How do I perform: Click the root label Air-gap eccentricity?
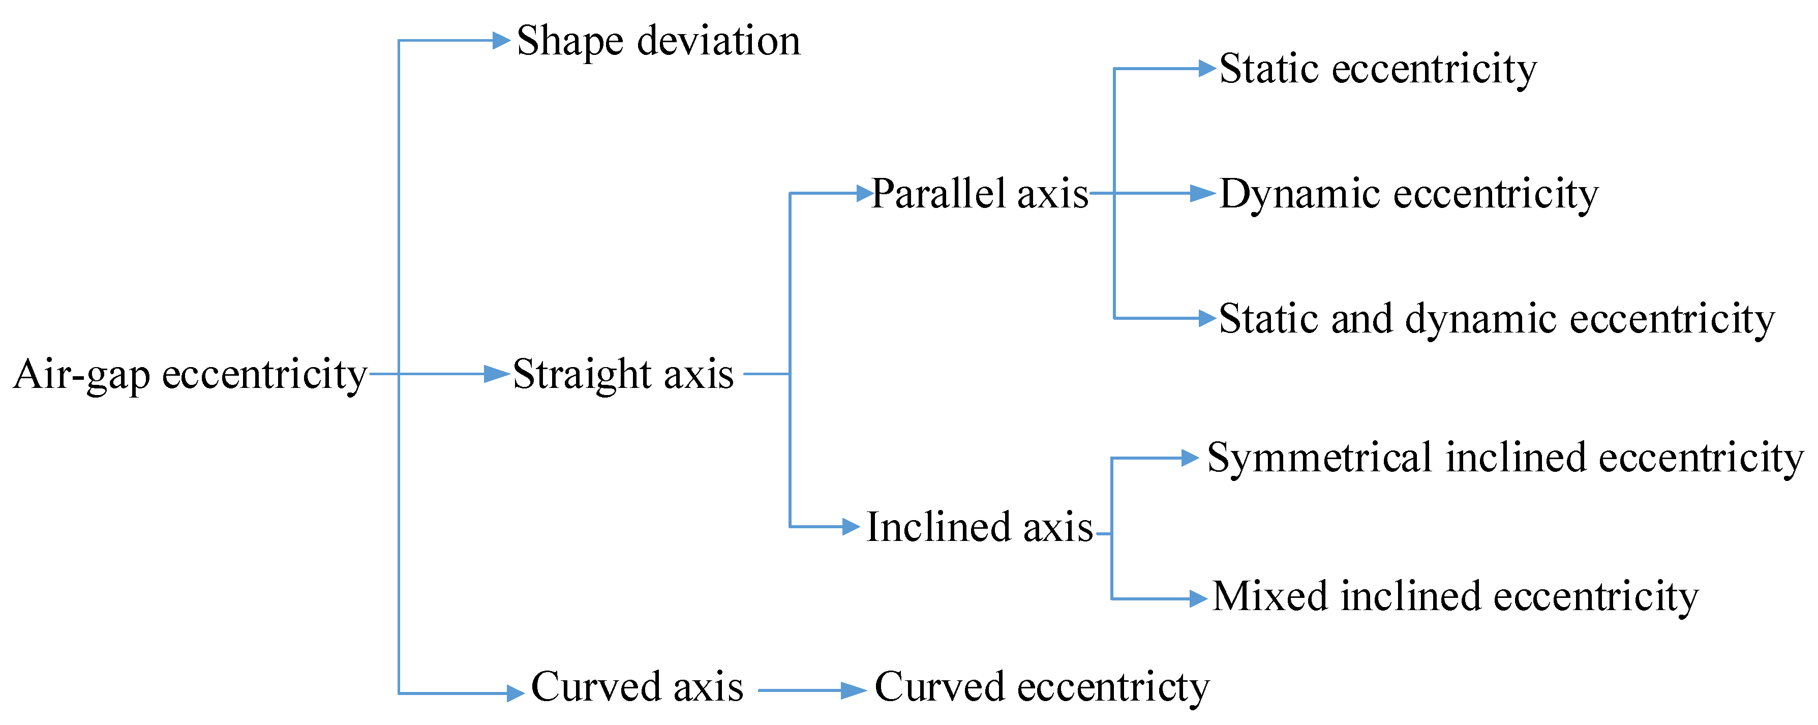[x=190, y=374]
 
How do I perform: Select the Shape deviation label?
[x=658, y=41]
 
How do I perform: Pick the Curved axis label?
[x=637, y=687]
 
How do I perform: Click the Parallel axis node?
[x=980, y=193]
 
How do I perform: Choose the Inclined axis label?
[x=980, y=527]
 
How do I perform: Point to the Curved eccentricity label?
[x=1042, y=687]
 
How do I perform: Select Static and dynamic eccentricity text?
[x=1496, y=318]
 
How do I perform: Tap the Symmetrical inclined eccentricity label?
[x=1505, y=458]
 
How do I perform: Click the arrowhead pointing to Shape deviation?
[x=501, y=40]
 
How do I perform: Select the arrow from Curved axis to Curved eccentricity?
[x=811, y=690]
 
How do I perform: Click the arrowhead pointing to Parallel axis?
[x=865, y=193]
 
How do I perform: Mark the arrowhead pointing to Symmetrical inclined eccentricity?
[x=1190, y=458]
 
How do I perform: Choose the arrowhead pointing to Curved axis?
[x=515, y=693]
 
